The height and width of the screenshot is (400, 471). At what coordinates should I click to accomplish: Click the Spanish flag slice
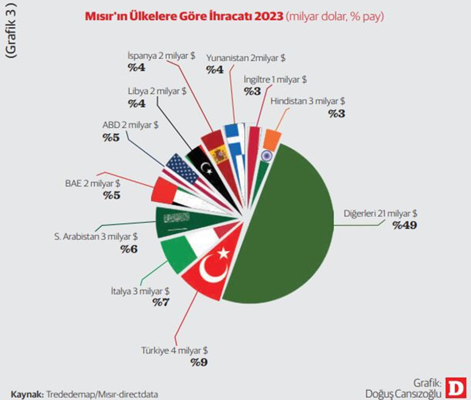(x=218, y=152)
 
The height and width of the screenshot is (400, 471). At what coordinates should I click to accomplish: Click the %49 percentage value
(x=404, y=225)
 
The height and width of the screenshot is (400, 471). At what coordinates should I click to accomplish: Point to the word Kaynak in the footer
(x=26, y=393)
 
